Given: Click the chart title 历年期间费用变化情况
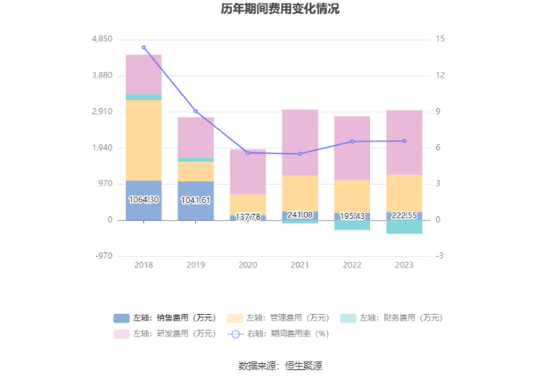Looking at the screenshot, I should (280, 10).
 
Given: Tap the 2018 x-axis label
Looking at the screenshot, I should (143, 264).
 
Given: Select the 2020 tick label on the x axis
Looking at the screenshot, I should (248, 264).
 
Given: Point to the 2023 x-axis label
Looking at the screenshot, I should (404, 264).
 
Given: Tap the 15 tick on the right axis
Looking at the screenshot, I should (440, 40).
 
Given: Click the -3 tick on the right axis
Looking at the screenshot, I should (439, 256).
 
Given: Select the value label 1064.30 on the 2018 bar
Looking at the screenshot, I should (143, 200).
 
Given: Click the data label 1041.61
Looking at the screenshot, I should (195, 200).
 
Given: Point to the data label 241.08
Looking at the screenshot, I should (300, 215).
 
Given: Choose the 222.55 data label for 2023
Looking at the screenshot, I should (404, 215).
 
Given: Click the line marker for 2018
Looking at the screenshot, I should (143, 47).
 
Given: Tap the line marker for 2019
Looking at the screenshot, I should (195, 112).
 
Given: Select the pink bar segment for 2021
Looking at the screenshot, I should (300, 142).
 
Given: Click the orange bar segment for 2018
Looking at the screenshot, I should (143, 140).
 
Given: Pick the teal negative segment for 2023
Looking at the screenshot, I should (404, 227).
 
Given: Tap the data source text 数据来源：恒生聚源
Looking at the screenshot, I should (280, 365).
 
